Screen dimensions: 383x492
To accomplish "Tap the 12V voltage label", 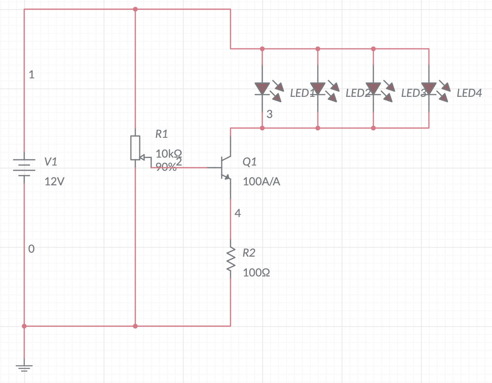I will pyautogui.click(x=54, y=181).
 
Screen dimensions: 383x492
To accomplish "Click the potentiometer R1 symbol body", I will pyautogui.click(x=135, y=147).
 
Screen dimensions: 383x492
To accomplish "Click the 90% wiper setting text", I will pyautogui.click(x=165, y=167).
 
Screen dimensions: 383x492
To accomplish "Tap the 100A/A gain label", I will pyautogui.click(x=261, y=181).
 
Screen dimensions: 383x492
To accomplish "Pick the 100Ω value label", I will pyautogui.click(x=257, y=273).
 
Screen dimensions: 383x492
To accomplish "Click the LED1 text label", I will pyautogui.click(x=302, y=93).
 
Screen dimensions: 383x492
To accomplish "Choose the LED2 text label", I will pyautogui.click(x=358, y=93).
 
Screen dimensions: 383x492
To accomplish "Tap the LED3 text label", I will pyautogui.click(x=413, y=93).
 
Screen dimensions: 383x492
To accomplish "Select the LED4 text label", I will pyautogui.click(x=469, y=93).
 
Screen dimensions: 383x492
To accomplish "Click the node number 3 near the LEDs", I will pyautogui.click(x=269, y=114).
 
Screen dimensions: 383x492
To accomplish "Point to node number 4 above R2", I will pyautogui.click(x=238, y=214).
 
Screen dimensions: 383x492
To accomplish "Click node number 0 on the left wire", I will pyautogui.click(x=31, y=249).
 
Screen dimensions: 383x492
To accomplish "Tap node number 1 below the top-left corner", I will pyautogui.click(x=31, y=75).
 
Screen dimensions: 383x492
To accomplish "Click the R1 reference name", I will pyautogui.click(x=162, y=134).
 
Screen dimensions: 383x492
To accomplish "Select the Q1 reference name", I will pyautogui.click(x=250, y=162).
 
